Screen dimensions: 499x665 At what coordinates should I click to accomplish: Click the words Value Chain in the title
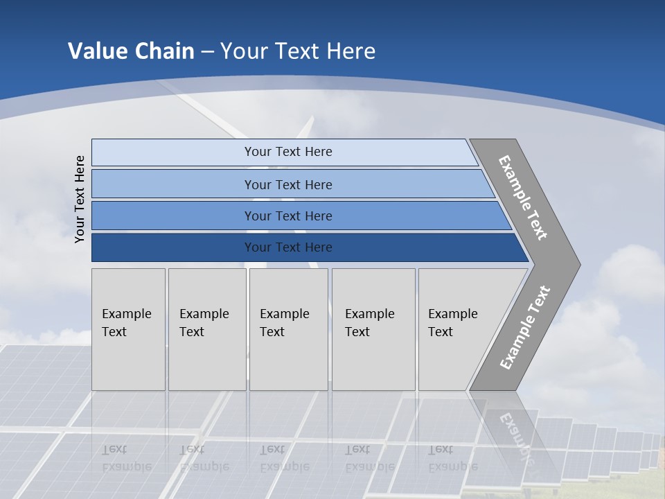[x=131, y=51]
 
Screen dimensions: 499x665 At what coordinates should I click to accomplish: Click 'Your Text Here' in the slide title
[x=298, y=51]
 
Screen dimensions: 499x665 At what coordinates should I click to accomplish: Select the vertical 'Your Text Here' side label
[x=80, y=199]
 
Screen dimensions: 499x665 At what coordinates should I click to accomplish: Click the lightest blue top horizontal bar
[x=173, y=152]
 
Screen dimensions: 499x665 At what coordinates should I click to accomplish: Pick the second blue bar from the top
[x=173, y=184]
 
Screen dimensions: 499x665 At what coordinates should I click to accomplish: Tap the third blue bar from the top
[x=173, y=216]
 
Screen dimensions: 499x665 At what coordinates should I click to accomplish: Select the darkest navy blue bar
[x=173, y=247]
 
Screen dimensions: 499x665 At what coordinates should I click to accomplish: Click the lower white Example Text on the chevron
[x=525, y=327]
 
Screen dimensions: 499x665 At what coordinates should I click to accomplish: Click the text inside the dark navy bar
[x=288, y=247]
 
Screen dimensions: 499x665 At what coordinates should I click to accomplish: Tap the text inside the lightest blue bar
[x=288, y=152]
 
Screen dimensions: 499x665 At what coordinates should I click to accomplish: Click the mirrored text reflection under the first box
[x=126, y=458]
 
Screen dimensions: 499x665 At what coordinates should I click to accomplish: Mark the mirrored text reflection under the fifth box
[x=452, y=458]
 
